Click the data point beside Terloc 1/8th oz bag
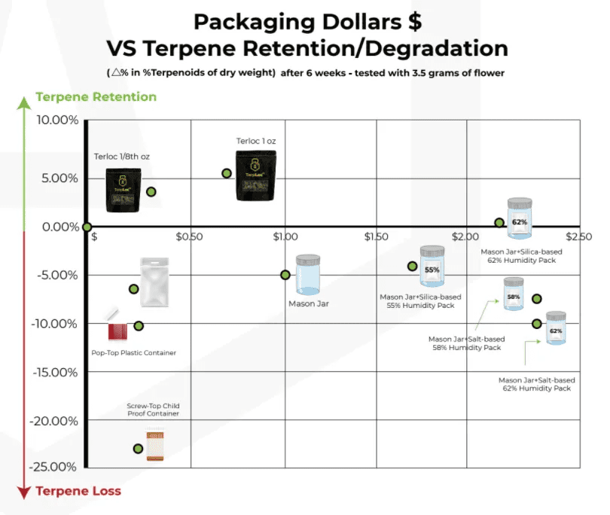pos(151,192)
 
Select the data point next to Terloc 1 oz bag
pos(227,173)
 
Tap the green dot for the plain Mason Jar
pos(285,275)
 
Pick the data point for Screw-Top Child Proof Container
pos(138,449)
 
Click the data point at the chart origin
pos(87,227)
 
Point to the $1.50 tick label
pos(377,236)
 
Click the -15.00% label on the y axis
pos(55,373)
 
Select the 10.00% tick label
pos(57,120)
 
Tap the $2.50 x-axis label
pos(579,236)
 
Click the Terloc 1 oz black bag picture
pos(256,176)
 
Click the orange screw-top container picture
pos(155,446)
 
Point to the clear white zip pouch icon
pos(154,282)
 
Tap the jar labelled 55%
pos(432,266)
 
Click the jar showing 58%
pos(514,294)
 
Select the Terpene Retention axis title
pos(96,97)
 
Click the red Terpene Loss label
pos(78,491)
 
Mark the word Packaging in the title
pos(255,23)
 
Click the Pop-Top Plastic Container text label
pos(134,353)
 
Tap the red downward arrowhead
pos(24,492)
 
